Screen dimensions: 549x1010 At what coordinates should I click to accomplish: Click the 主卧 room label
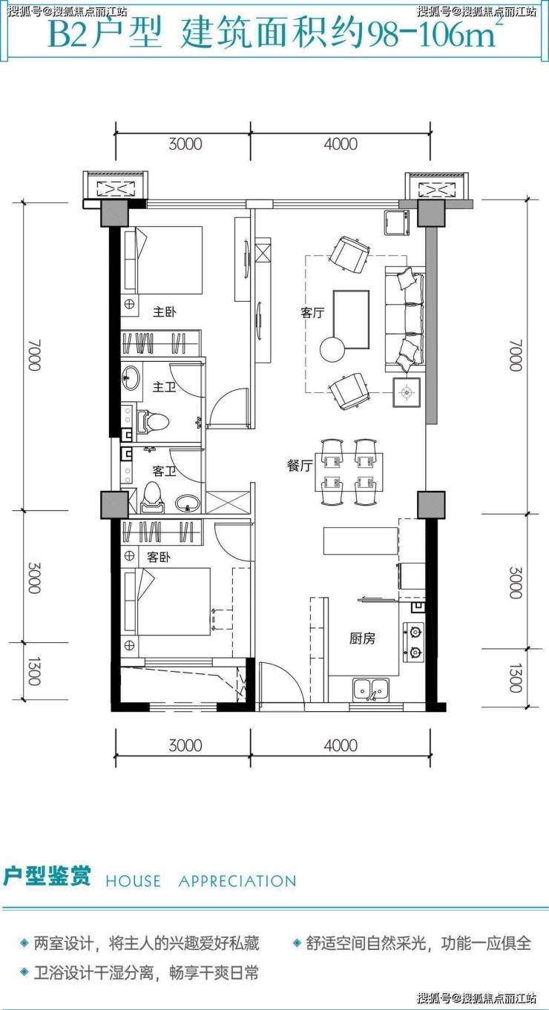pos(164,311)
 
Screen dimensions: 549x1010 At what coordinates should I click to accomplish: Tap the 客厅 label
pos(312,312)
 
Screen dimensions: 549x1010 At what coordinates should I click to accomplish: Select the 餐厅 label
pos(299,465)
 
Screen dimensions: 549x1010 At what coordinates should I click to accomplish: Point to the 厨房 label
pos(362,638)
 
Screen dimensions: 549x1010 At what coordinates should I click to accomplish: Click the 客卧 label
pos(159,558)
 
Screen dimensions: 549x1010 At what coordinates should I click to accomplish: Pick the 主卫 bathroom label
pos(164,387)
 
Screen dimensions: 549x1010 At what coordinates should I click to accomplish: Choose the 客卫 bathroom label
pos(164,471)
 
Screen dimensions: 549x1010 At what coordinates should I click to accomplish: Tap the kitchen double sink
pos(371,690)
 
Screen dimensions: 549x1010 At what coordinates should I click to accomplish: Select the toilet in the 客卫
pos(151,498)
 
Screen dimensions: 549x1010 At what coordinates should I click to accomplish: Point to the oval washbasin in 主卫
pos(131,377)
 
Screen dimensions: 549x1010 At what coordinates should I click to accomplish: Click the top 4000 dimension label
pos(341,145)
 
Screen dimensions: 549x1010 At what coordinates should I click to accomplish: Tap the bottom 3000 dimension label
pos(185,745)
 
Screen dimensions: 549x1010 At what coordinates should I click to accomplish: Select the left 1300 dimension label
pos(35,672)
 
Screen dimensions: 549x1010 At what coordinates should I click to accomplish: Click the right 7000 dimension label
pos(516,356)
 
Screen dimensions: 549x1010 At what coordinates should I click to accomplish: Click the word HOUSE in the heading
pos(133,881)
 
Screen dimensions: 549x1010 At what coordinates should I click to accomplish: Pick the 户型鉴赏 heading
pos(47,876)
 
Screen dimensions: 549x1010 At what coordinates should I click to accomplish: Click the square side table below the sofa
pos(407,392)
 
